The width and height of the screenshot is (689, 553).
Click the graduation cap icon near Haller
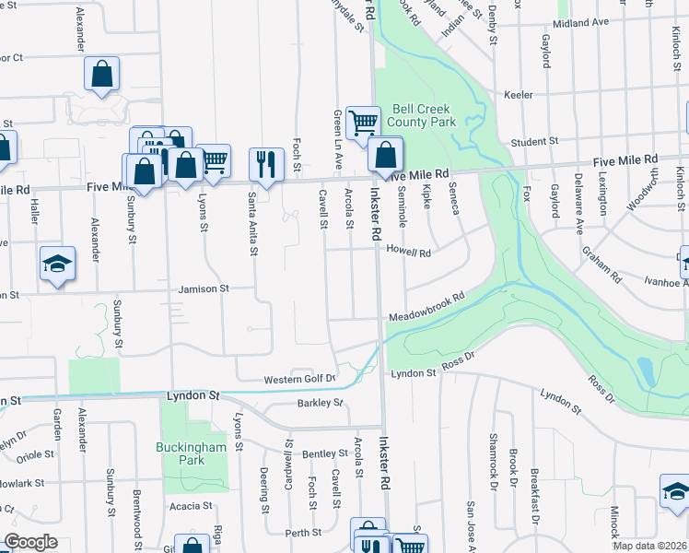[57, 265]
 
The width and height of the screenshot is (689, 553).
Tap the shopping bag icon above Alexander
[101, 74]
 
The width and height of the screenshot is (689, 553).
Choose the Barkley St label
[320, 403]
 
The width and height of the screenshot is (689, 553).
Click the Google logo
[30, 542]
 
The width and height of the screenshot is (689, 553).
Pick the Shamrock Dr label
[494, 461]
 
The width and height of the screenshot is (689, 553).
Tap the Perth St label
[302, 532]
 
